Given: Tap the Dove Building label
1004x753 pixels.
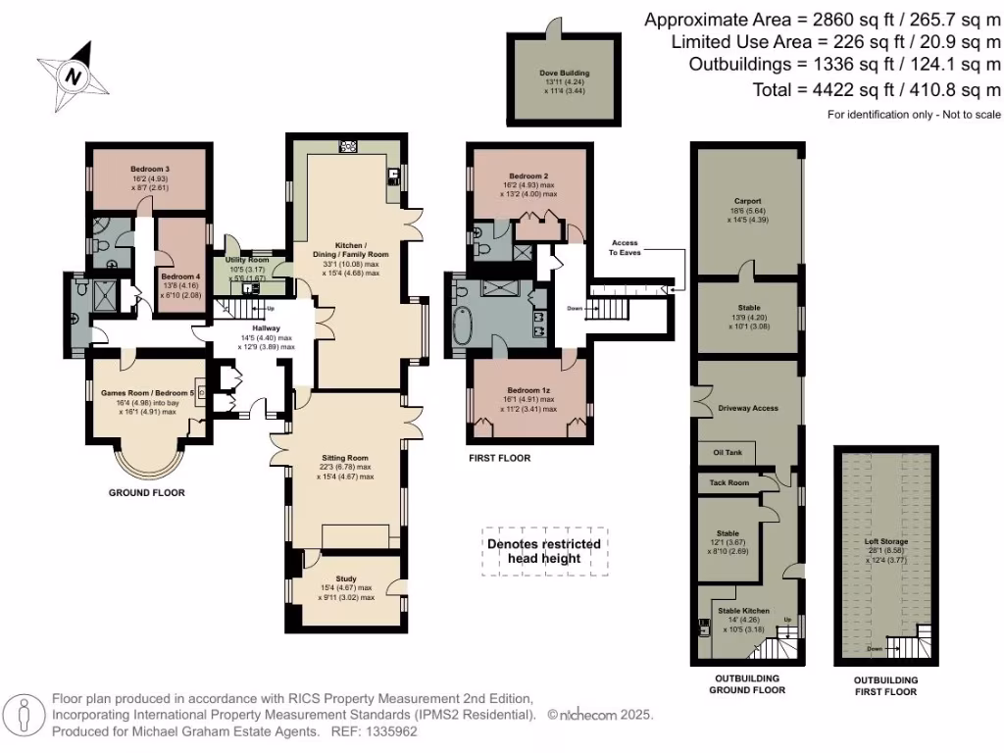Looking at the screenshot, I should pos(564,73).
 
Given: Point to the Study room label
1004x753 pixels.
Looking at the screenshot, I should pos(346,578).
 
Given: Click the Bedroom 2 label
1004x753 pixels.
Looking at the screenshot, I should pos(527,176).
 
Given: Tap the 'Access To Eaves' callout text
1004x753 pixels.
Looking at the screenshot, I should pos(625,247).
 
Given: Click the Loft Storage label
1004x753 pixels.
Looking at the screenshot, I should pos(885,540).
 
